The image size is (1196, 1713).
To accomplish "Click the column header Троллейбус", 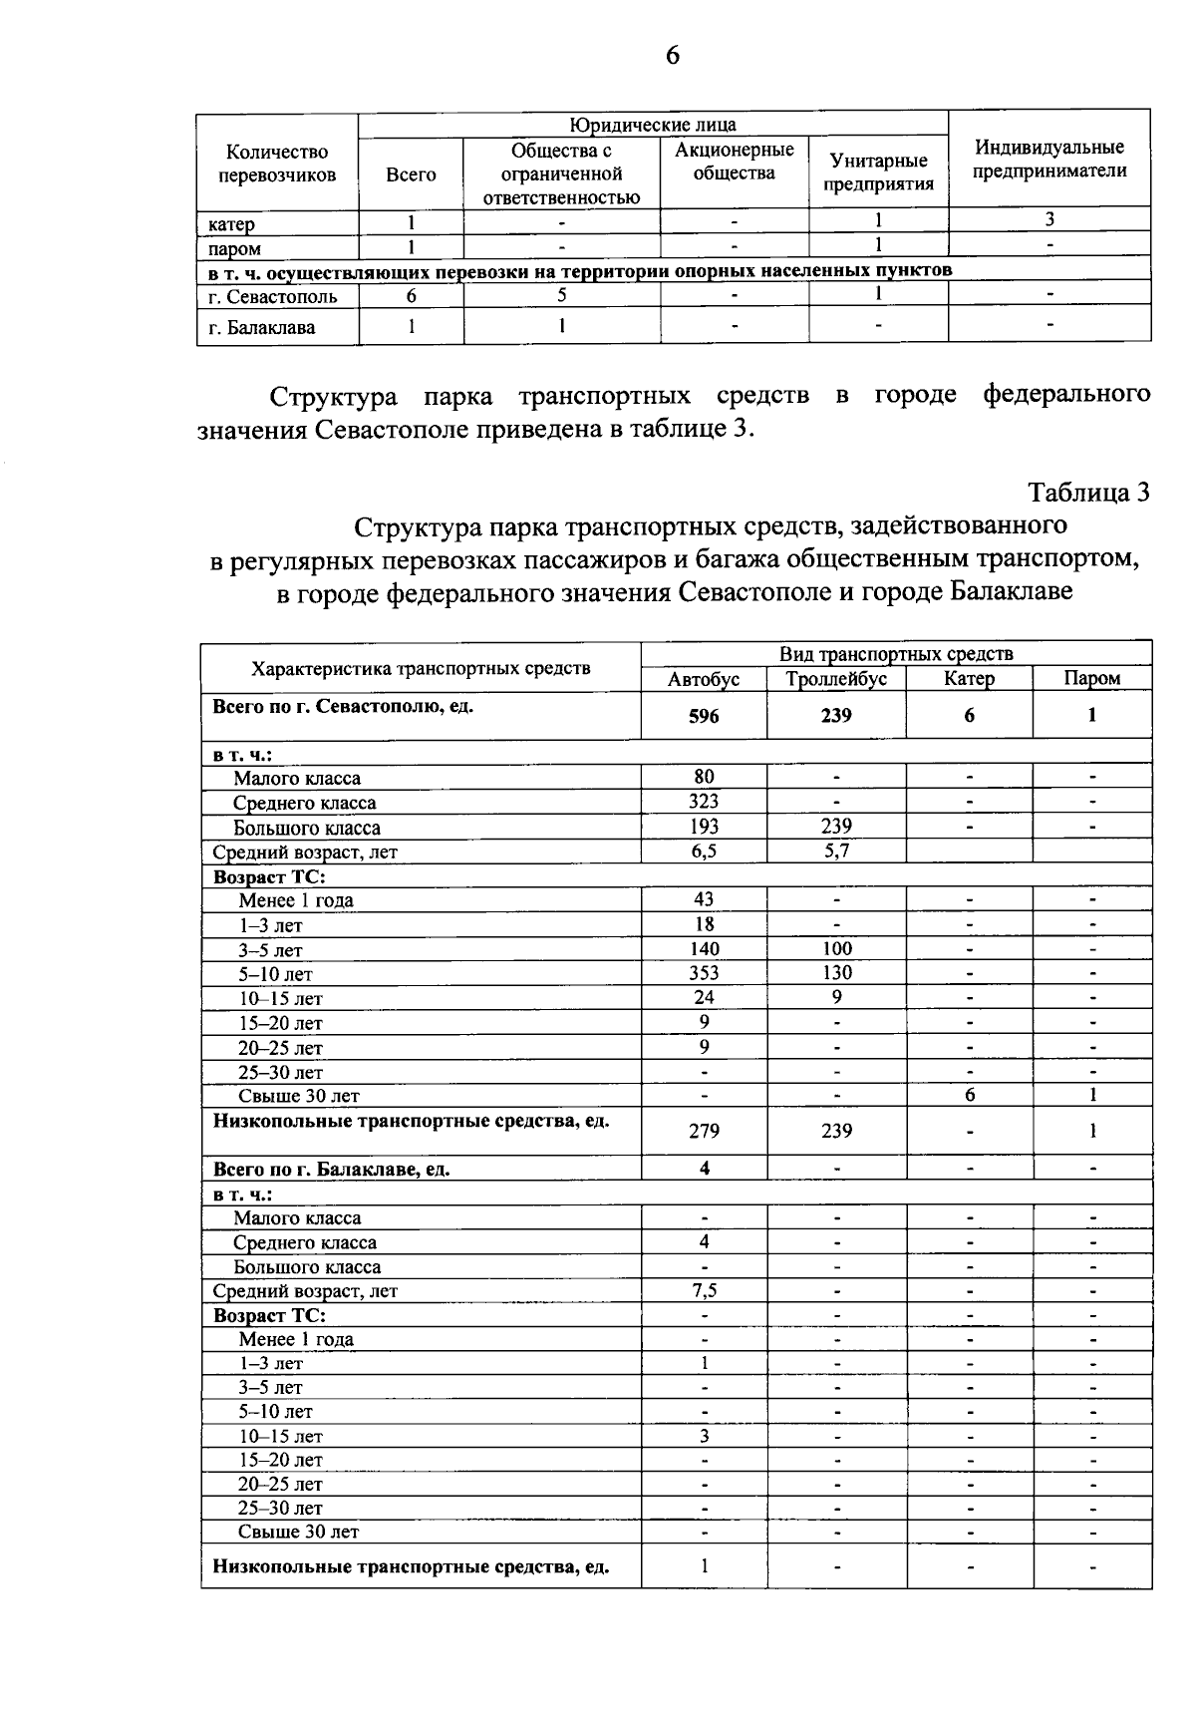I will pos(835,679).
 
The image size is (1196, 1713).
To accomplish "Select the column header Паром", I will pos(1091,679).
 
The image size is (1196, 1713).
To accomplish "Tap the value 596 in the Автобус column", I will pos(704,716).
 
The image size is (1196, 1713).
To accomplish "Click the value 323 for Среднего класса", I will pos(704,802).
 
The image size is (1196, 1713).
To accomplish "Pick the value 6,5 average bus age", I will pos(704,851).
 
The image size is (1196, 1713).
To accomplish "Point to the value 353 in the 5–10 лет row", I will pos(704,973).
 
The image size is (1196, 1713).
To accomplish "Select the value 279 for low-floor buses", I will pos(704,1131).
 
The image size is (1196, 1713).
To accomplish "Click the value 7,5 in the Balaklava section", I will pos(704,1290).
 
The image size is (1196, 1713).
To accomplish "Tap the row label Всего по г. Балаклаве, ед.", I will pos(331,1169).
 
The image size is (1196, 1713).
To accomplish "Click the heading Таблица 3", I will pos(1089,493).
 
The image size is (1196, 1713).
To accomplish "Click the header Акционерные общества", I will pos(735,162).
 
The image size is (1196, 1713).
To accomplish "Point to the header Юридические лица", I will pos(653,125).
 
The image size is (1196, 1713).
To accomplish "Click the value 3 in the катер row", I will pos(1048,220).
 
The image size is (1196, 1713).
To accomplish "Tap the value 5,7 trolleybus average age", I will pos(836,851).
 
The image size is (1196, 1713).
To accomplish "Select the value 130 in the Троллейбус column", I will pos(836,973).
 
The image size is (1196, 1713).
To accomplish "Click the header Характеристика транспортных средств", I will pos(421,668).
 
